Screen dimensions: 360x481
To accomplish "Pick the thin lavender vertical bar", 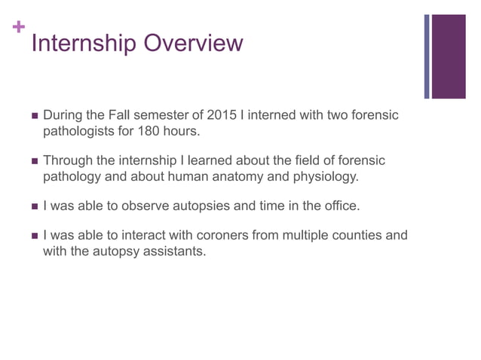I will (x=427, y=56).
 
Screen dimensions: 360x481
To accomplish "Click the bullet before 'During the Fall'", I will (x=33, y=116).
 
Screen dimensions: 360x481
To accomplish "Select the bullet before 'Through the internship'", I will (x=33, y=161).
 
